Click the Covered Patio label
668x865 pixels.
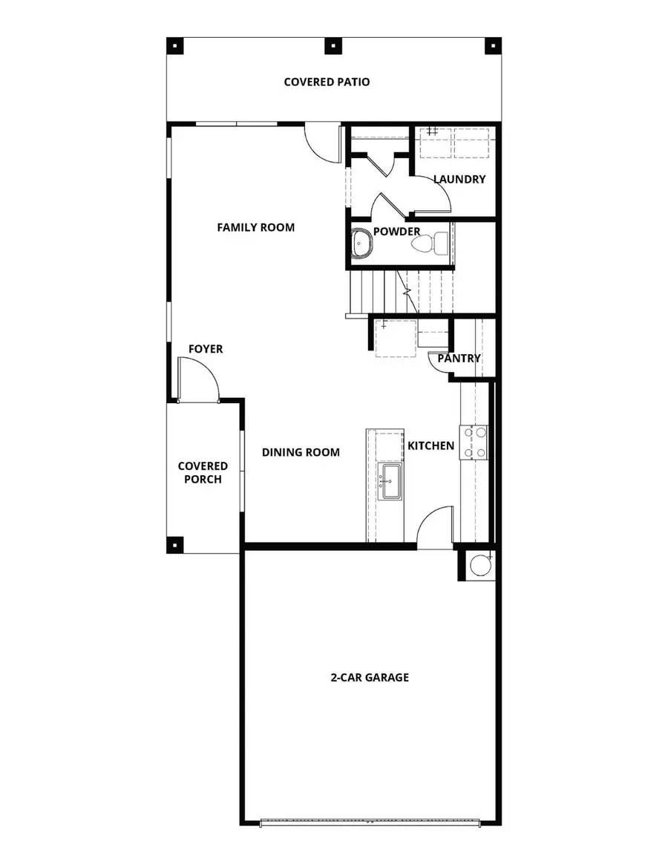pos(327,82)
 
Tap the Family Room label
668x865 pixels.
pos(255,227)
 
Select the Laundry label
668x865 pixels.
pos(459,179)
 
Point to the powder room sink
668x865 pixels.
pos(362,242)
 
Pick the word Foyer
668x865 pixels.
pos(206,349)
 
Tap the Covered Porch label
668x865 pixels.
pos(203,473)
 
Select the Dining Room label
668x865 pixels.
pos(301,451)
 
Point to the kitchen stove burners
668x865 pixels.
pos(474,441)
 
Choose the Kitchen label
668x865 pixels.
pos(430,445)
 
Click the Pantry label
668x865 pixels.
pos(459,358)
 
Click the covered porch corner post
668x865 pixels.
pos(175,543)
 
